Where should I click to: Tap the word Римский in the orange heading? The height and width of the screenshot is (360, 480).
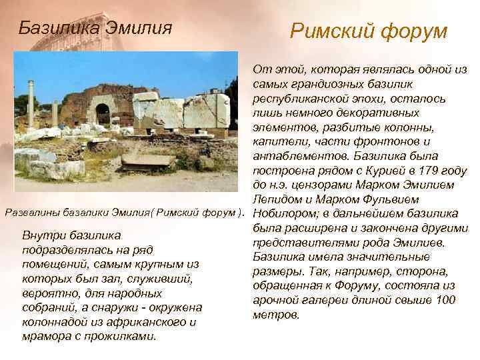[328, 31]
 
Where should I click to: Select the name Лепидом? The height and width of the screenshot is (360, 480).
[281, 199]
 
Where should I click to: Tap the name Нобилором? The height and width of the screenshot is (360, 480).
[285, 213]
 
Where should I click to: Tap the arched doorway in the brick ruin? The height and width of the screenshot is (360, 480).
[102, 113]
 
